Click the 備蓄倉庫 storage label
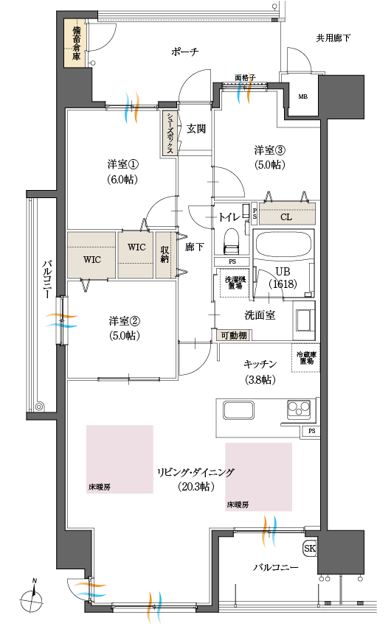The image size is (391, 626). click(76, 43)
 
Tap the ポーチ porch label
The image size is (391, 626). click(184, 52)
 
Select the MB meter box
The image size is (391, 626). click(302, 96)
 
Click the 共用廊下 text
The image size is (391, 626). click(333, 38)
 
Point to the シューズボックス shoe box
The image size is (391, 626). click(170, 133)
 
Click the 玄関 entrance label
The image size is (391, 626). click(196, 129)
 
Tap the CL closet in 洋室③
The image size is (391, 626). click(288, 217)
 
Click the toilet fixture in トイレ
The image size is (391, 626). click(231, 239)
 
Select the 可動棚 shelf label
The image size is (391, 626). click(232, 335)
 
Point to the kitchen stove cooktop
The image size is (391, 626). click(298, 408)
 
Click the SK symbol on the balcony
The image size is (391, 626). click(311, 549)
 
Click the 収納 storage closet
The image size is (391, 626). click(165, 254)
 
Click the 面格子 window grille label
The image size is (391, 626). click(244, 77)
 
